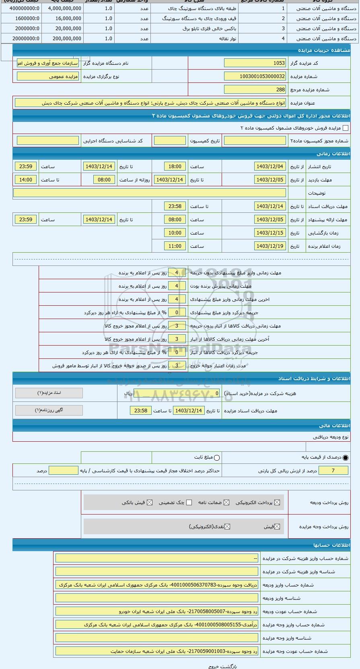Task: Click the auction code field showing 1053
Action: [255, 63]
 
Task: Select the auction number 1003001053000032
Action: [255, 76]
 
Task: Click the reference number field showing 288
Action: [255, 90]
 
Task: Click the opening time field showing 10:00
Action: [175, 233]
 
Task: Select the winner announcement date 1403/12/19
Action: [270, 246]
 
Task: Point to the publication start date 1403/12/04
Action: [270, 167]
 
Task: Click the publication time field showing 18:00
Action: [175, 167]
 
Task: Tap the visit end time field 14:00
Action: [26, 180]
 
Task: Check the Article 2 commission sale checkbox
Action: [345, 128]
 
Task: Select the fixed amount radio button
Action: [217, 457]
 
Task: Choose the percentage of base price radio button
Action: [346, 457]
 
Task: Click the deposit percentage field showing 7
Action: [333, 471]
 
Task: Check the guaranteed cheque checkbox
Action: [189, 502]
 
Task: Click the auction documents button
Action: [49, 393]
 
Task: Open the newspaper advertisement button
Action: [49, 410]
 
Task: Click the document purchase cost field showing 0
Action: [177, 393]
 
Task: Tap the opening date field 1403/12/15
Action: [270, 233]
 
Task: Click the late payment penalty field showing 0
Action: [177, 313]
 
